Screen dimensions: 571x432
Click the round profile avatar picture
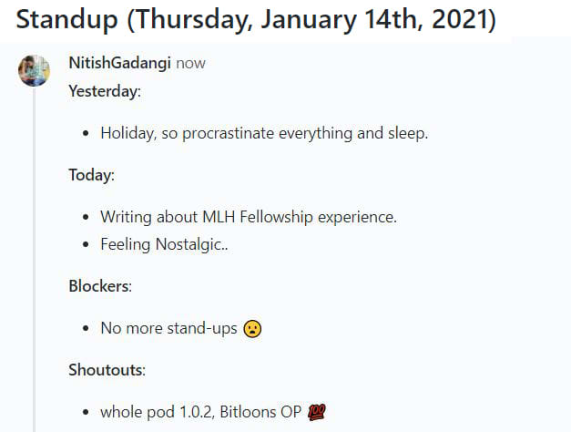(35, 71)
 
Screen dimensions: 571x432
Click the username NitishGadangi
(120, 63)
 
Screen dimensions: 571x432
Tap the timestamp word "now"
(191, 64)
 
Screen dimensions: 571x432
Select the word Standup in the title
(67, 20)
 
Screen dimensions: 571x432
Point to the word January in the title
(309, 20)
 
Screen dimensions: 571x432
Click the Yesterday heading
(104, 91)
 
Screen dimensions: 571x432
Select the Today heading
(91, 175)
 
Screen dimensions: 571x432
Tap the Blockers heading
(99, 286)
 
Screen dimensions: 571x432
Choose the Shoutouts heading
(107, 370)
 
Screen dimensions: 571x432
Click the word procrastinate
(228, 133)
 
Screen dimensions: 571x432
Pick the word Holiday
(128, 133)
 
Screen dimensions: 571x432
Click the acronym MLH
(219, 217)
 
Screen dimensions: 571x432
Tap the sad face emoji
(253, 328)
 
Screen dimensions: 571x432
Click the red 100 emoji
(316, 412)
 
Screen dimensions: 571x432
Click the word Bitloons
(248, 412)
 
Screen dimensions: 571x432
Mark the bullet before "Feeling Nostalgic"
(86, 244)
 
